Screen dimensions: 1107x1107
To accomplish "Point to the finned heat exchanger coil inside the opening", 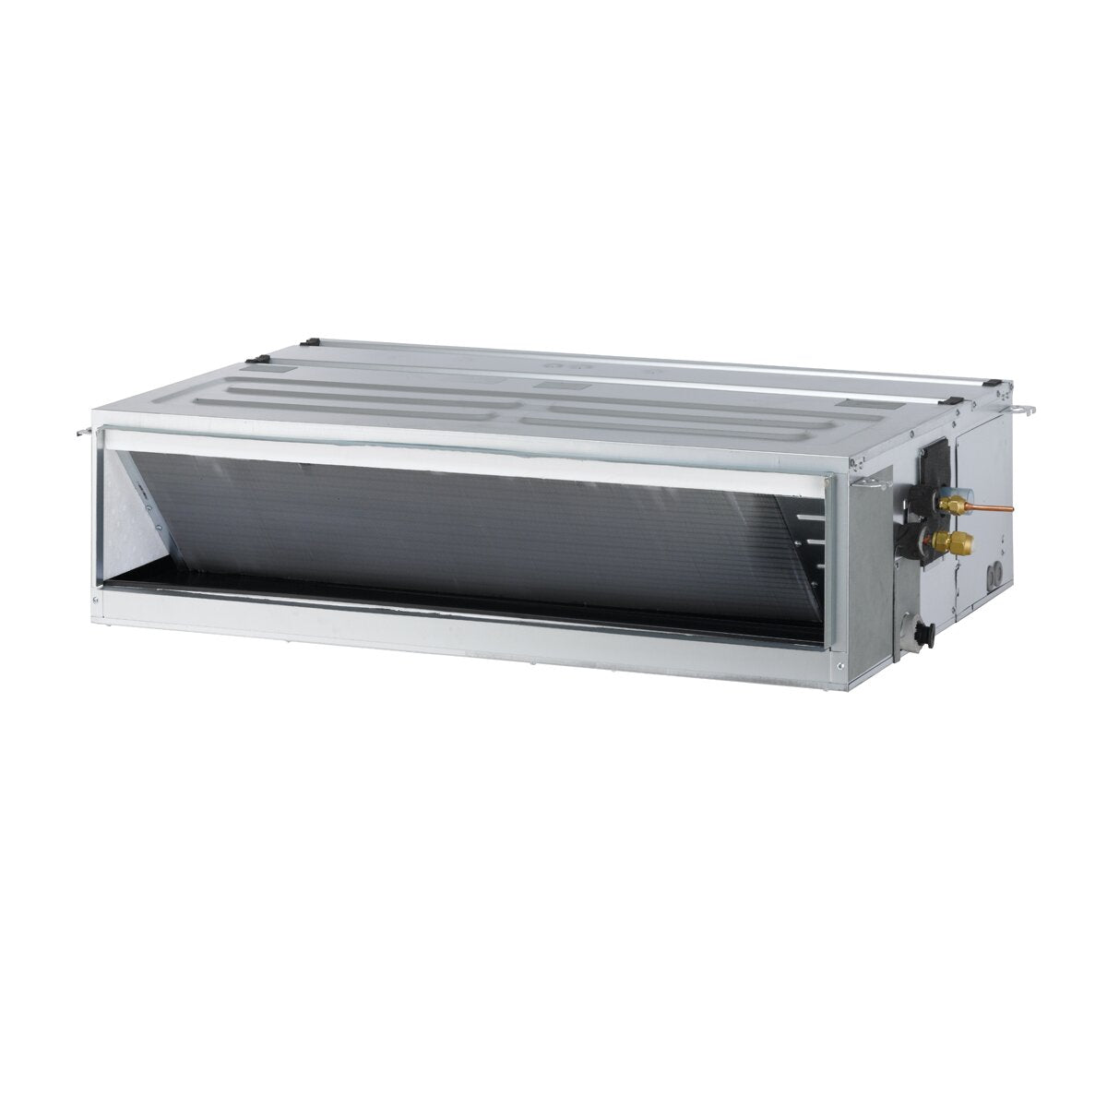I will pos(480,535).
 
